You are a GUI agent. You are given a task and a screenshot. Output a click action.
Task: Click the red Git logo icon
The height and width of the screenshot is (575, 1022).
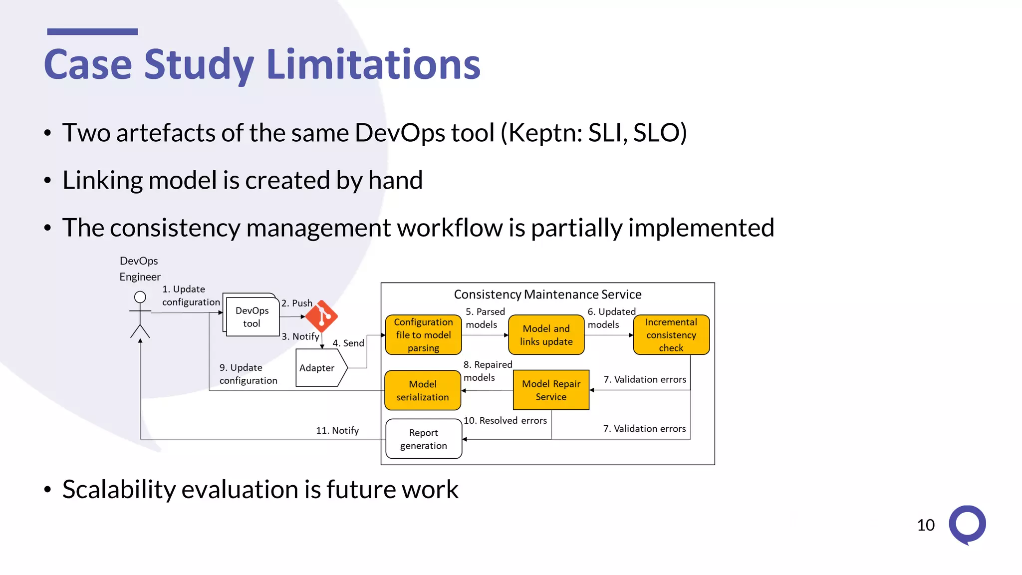(x=321, y=316)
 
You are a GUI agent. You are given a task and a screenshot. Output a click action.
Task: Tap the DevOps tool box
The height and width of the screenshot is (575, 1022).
(x=252, y=317)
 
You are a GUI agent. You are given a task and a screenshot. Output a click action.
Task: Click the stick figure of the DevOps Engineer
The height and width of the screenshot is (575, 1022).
(x=140, y=315)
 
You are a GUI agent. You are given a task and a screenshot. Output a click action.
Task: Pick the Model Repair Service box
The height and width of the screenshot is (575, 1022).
(x=551, y=390)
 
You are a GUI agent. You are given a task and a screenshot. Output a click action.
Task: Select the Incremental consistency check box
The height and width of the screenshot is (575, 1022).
(x=671, y=335)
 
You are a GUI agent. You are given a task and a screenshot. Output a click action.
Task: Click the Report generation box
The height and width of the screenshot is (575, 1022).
(x=424, y=439)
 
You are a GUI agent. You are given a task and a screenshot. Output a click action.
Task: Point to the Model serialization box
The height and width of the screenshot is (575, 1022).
(x=423, y=390)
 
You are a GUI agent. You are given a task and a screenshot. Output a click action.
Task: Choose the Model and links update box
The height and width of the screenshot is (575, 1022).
(x=546, y=335)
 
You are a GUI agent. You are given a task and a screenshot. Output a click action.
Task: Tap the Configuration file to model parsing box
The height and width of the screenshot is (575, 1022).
(x=423, y=335)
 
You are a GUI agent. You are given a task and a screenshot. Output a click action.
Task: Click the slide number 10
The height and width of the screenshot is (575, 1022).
(x=926, y=525)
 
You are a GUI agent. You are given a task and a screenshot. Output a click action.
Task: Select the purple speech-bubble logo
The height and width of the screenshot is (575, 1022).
(x=967, y=525)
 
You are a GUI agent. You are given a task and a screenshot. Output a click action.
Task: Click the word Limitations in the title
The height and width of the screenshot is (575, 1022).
(x=373, y=64)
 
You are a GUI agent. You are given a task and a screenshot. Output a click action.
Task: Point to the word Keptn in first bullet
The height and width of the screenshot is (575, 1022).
(x=542, y=133)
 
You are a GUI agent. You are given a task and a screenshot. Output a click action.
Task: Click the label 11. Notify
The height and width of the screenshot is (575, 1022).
(x=337, y=430)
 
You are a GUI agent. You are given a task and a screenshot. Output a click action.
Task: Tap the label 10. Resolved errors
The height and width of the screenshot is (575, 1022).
(x=505, y=420)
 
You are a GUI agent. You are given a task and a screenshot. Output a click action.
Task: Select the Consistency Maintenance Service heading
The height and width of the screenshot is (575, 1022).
(x=547, y=294)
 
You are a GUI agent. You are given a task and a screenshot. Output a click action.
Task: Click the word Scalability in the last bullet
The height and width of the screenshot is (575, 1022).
(x=119, y=490)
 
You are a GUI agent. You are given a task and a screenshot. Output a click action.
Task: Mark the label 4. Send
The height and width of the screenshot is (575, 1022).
(x=348, y=343)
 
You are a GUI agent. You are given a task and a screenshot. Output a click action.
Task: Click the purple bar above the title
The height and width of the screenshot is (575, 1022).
(x=92, y=31)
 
